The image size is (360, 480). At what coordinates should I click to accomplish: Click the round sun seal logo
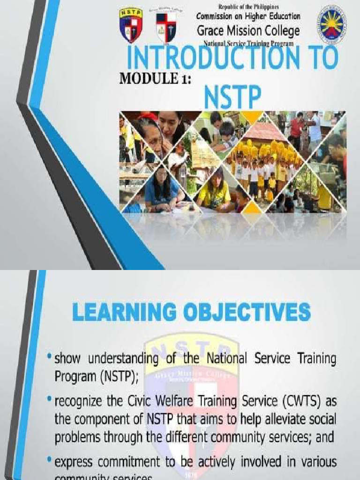coord(332,25)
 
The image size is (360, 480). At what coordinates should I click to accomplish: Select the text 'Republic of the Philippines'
coord(248,7)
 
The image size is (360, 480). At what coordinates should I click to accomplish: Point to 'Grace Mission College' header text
coord(248,31)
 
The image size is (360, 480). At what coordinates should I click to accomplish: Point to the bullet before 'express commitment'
coord(49,461)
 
